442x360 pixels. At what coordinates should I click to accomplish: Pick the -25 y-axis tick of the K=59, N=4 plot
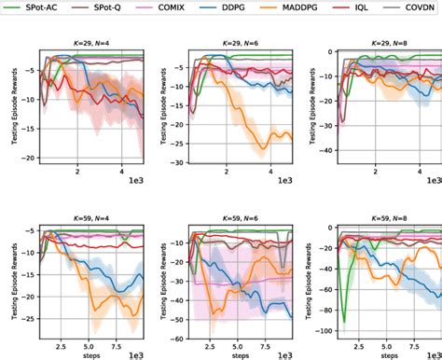click(29, 319)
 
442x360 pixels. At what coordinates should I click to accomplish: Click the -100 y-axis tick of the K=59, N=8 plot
click(324, 330)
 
